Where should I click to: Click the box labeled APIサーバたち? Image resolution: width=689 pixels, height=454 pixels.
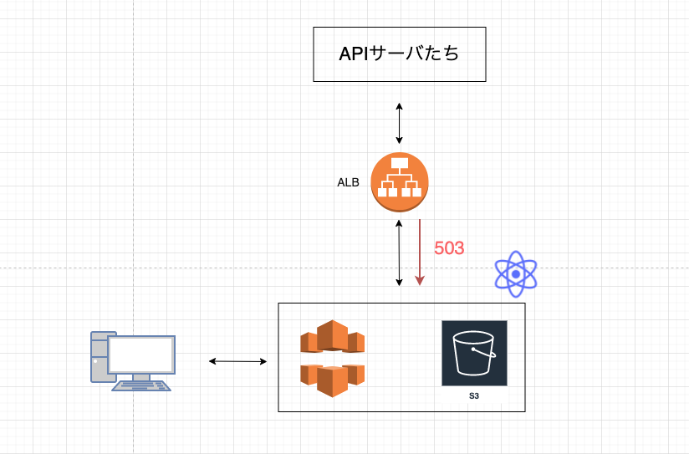[x=399, y=54]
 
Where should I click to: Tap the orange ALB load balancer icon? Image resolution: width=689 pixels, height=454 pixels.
[x=399, y=182]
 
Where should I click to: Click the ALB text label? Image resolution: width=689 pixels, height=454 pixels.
[x=348, y=182]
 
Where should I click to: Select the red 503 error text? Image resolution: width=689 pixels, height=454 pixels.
[x=449, y=248]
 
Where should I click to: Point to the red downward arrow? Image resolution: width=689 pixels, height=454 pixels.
[x=420, y=251]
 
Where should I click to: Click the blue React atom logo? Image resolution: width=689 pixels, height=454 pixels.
[x=516, y=274]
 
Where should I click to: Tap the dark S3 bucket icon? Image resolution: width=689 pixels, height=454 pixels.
[x=474, y=353]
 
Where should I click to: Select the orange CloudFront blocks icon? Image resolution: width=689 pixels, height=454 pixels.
[x=332, y=358]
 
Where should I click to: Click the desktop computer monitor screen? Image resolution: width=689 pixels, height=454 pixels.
[x=141, y=355]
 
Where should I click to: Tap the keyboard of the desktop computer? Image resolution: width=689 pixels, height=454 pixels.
[x=141, y=385]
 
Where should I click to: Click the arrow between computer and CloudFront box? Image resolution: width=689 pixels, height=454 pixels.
[x=237, y=361]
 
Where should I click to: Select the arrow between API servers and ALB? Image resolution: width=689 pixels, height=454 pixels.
[x=399, y=123]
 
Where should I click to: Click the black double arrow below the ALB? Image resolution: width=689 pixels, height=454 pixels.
[x=400, y=251]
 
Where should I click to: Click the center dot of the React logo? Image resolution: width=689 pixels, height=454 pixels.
[x=516, y=274]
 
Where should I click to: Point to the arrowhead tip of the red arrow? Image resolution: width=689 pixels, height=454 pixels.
[x=420, y=285]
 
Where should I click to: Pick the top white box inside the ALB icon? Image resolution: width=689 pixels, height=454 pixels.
[x=399, y=162]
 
